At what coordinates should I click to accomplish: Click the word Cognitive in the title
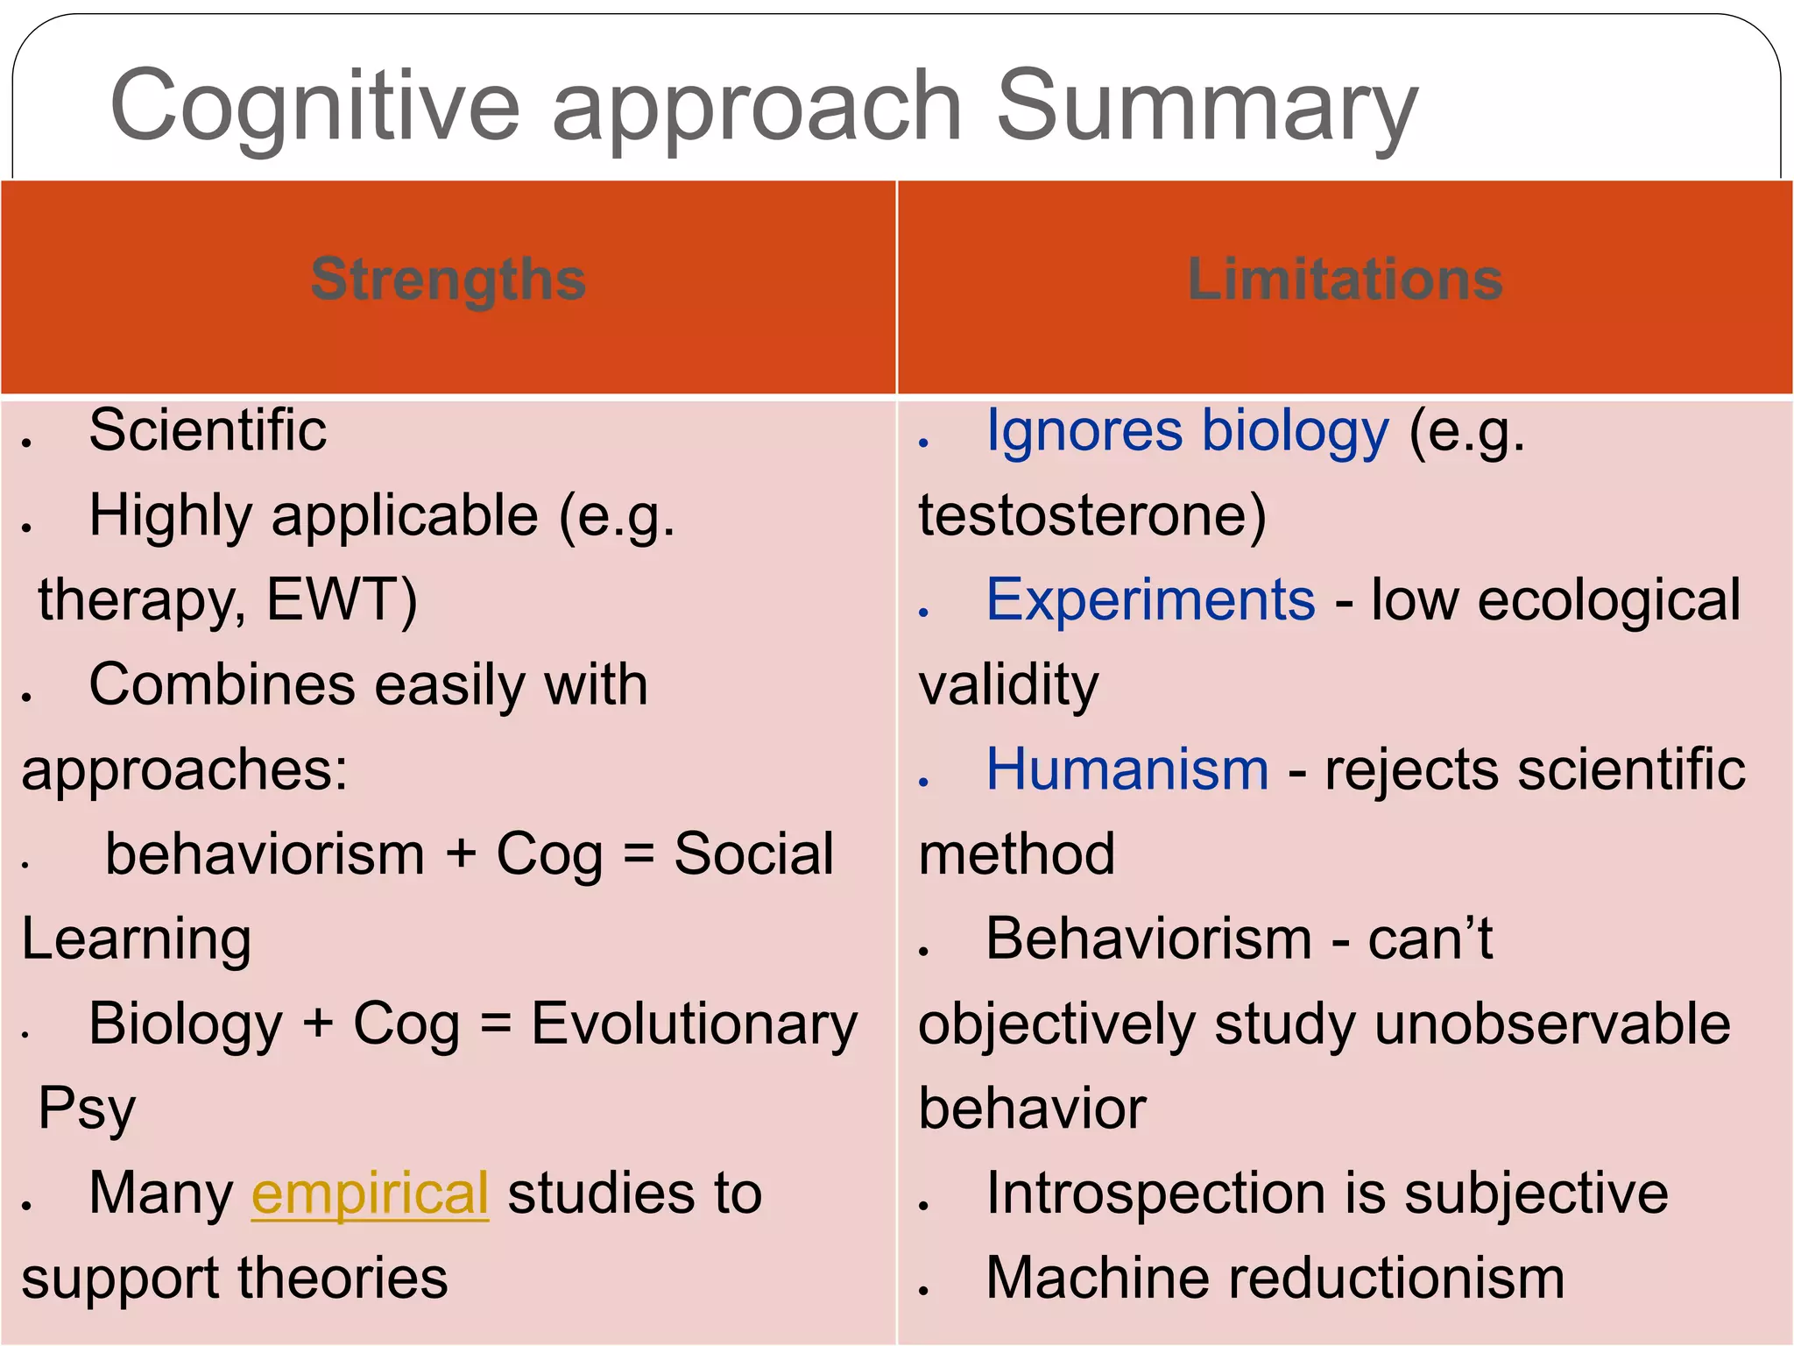[315, 107]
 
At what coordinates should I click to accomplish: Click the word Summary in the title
[1206, 107]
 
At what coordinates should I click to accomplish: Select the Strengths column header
[448, 280]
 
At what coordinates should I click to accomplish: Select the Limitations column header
[1345, 280]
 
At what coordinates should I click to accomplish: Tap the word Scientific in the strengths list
[208, 430]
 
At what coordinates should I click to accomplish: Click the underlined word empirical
[370, 1194]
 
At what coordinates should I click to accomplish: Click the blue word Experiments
[1150, 600]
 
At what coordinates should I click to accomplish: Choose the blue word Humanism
[1127, 770]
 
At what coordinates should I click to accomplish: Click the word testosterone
[1091, 515]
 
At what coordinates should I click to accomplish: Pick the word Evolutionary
[694, 1024]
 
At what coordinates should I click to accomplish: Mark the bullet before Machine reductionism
[923, 1290]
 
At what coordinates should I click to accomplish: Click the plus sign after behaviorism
[461, 854]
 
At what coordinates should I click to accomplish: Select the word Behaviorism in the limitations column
[1148, 939]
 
